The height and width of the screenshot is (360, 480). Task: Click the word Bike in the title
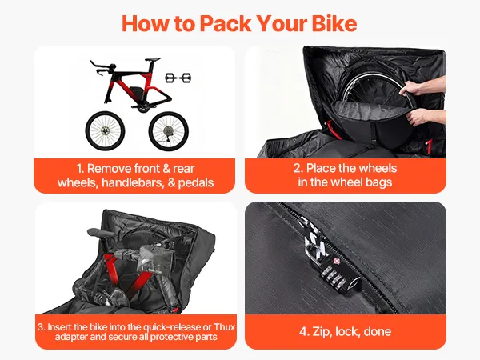coord(334,23)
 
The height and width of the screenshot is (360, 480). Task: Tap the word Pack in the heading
coord(225,23)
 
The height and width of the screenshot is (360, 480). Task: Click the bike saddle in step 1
coord(153,59)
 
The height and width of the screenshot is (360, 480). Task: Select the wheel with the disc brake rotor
coord(106,131)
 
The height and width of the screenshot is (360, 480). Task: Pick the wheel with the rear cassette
coord(169,131)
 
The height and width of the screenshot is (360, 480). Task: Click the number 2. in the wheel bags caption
coord(298,168)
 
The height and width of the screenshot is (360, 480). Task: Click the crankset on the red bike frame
coord(140,107)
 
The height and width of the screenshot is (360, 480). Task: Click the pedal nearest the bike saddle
coord(170,78)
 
